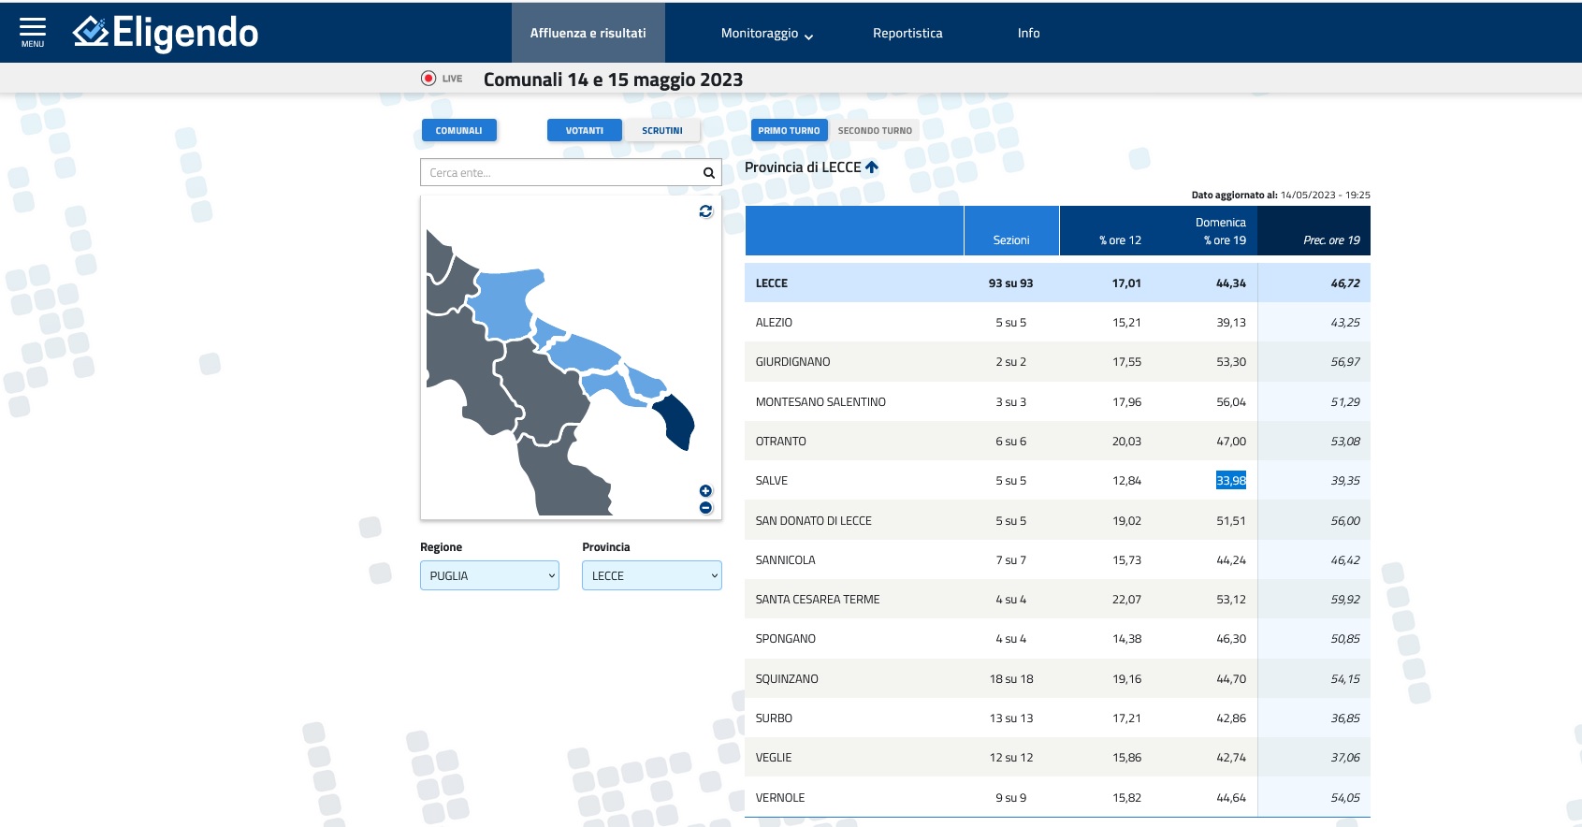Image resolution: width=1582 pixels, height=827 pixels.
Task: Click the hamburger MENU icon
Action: tap(33, 31)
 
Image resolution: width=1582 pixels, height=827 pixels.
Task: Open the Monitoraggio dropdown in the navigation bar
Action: tap(766, 34)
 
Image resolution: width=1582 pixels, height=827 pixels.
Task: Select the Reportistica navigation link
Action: tap(907, 34)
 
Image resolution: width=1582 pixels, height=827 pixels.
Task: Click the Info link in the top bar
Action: tap(1028, 34)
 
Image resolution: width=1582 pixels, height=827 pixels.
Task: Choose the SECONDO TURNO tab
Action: tap(875, 131)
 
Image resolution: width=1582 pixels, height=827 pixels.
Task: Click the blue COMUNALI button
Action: tap(458, 131)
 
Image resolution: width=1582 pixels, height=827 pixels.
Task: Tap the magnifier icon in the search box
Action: tap(709, 173)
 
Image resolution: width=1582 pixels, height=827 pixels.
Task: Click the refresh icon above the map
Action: tap(705, 211)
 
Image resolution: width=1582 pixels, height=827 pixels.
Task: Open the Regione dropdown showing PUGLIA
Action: tap(489, 575)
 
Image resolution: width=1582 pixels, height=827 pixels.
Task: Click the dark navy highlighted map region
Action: tap(676, 422)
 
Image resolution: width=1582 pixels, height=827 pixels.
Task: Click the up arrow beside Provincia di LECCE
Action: tap(872, 167)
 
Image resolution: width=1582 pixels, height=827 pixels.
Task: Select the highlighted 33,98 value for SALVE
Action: tap(1230, 481)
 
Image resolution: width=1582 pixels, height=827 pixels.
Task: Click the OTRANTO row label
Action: tap(780, 442)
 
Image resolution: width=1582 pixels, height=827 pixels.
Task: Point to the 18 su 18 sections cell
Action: tap(1010, 679)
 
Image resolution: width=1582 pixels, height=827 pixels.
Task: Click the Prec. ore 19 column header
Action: tap(1331, 240)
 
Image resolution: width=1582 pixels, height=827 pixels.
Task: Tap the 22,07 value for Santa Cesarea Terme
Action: tap(1126, 600)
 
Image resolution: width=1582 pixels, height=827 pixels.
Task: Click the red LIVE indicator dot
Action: tap(428, 79)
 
